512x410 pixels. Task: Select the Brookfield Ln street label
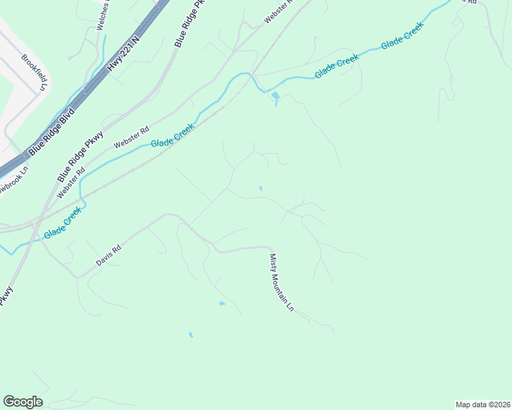pyautogui.click(x=36, y=73)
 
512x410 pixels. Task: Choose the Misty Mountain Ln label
pyautogui.click(x=281, y=283)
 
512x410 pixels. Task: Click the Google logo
pyautogui.click(x=23, y=402)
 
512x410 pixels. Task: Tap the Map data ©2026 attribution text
pyautogui.click(x=483, y=405)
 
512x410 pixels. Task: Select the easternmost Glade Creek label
pyautogui.click(x=402, y=35)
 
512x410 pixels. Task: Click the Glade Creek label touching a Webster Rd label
pyautogui.click(x=172, y=133)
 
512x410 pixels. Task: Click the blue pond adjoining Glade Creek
pyautogui.click(x=274, y=96)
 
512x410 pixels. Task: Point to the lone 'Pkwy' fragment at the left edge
pyautogui.click(x=6, y=295)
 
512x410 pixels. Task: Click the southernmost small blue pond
pyautogui.click(x=190, y=335)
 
